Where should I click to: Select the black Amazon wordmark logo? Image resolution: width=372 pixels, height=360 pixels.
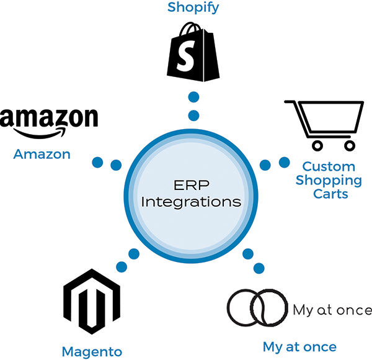tap(48, 121)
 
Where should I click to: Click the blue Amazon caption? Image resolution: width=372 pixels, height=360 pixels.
tap(42, 154)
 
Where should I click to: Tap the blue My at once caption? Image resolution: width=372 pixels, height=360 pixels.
tap(299, 346)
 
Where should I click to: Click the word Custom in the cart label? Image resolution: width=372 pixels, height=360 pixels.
tap(329, 167)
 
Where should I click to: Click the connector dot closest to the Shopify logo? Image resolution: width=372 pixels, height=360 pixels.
tap(193, 97)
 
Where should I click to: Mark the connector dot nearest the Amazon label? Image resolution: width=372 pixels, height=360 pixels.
tap(97, 163)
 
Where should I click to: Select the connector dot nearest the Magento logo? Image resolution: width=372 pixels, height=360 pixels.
tap(122, 266)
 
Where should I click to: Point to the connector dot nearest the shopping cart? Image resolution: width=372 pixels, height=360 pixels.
tap(284, 163)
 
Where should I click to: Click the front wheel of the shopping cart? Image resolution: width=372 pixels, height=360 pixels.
tap(317, 146)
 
